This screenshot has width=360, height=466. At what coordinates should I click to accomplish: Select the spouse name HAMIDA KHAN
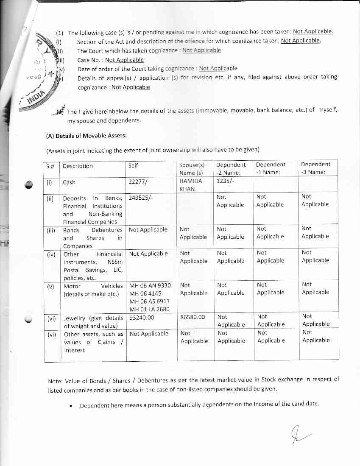point(191,185)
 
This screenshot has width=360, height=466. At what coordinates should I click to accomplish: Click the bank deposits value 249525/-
point(140,198)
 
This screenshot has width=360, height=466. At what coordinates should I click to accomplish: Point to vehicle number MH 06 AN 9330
point(150,285)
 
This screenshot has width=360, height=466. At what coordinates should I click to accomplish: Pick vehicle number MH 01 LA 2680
point(149,309)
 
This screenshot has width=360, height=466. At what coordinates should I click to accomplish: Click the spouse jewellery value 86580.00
point(193,317)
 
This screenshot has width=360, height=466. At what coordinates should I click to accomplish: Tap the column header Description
point(78,166)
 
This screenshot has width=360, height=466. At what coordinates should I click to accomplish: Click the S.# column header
point(50,166)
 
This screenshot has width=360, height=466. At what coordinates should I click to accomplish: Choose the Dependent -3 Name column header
point(315,168)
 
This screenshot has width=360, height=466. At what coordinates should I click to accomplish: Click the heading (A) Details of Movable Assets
point(86,136)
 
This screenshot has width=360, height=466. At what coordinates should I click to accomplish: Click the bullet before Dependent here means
point(71,406)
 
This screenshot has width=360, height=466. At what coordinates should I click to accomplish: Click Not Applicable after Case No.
point(124,60)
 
